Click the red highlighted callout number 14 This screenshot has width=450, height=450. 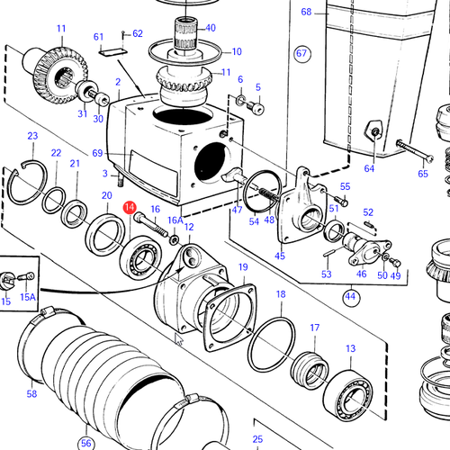(130, 207)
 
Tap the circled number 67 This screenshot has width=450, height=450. (301, 54)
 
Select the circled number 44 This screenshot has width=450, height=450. (351, 297)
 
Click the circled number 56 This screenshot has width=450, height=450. (86, 443)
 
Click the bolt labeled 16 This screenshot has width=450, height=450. (150, 224)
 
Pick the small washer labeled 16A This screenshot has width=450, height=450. (174, 239)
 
